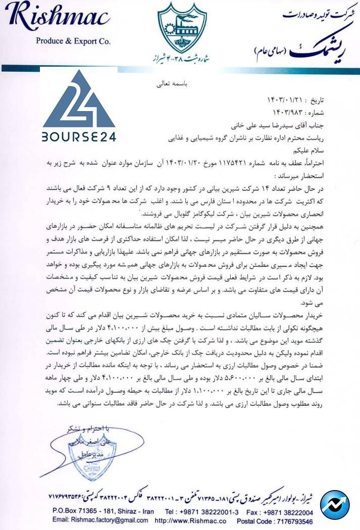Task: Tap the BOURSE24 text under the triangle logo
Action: (78, 136)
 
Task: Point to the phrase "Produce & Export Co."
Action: (73, 42)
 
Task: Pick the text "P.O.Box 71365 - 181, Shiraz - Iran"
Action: (103, 511)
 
